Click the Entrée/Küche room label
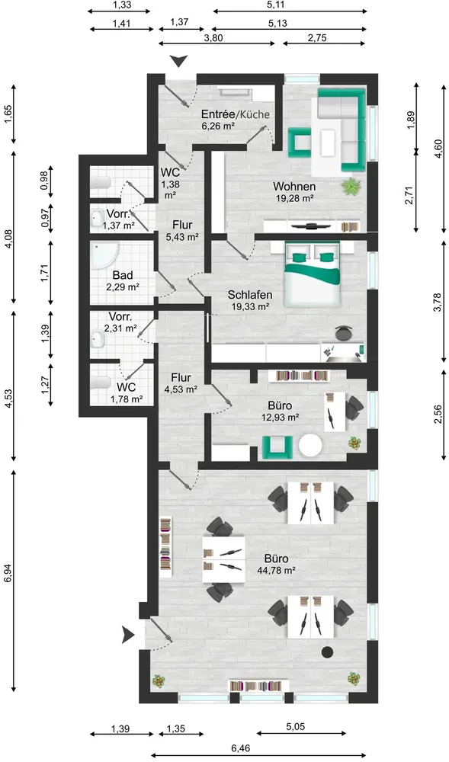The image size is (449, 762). point(236,115)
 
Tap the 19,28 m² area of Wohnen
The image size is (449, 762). point(295,198)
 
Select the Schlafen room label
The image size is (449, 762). point(250,295)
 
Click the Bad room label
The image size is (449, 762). point(123,276)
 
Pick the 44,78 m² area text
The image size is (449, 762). point(277,571)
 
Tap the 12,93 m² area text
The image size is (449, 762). point(280,417)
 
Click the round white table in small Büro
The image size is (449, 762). point(310,446)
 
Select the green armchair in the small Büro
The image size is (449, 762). point(277,447)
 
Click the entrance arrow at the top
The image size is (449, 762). point(179,61)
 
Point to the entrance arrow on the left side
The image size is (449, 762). point(128,634)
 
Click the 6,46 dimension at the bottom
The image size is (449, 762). point(241,748)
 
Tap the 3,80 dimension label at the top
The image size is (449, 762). point(213,38)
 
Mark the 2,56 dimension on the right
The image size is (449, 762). point(438,414)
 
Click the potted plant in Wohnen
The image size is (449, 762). point(351,186)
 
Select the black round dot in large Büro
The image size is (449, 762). point(328,652)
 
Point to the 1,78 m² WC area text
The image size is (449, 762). point(127,399)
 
